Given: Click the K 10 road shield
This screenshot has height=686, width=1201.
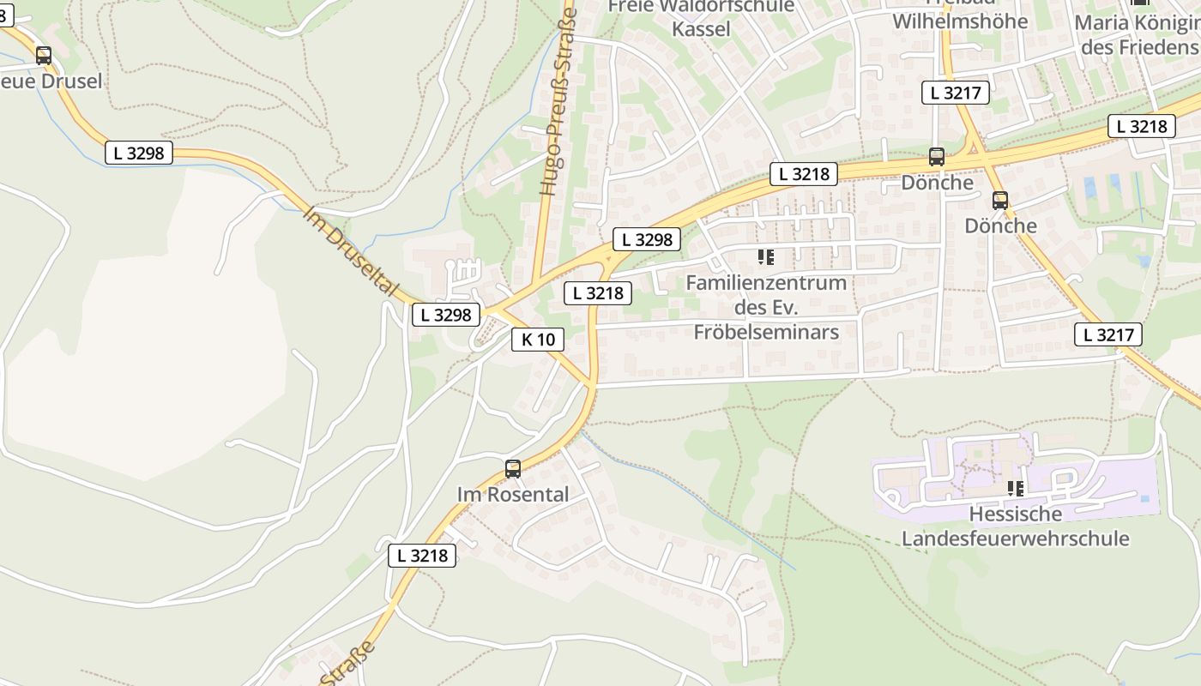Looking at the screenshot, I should click(x=538, y=340).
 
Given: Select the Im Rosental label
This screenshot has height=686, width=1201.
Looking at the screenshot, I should click(x=512, y=495).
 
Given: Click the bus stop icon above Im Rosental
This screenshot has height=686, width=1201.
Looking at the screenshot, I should click(x=513, y=468).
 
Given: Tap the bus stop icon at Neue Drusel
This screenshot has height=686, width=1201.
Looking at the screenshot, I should click(x=44, y=56).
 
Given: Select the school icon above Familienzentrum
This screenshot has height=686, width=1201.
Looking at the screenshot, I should click(x=766, y=256).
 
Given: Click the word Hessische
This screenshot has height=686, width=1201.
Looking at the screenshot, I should click(x=1015, y=514).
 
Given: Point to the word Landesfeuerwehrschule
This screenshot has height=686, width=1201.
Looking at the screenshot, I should click(x=1015, y=539).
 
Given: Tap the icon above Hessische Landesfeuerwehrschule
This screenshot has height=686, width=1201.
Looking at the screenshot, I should click(x=1016, y=489).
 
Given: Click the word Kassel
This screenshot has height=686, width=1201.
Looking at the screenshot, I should click(x=701, y=29).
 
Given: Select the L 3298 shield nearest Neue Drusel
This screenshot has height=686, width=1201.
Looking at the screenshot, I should click(x=138, y=153).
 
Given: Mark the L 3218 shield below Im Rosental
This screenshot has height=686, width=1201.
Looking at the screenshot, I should click(x=421, y=556).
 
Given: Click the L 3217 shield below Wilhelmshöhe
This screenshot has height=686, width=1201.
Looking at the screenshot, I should click(x=956, y=93).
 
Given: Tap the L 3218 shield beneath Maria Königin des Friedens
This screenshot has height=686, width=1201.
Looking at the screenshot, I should click(x=1141, y=126).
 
